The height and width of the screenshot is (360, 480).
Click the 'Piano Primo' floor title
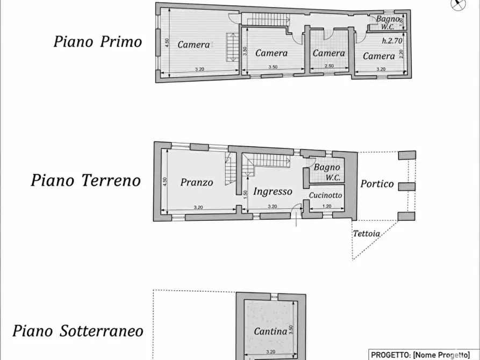click(97, 42)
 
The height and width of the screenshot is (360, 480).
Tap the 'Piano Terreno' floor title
click(85, 180)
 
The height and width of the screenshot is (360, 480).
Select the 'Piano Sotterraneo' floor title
click(78, 330)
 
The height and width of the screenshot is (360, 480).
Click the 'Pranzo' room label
click(197, 182)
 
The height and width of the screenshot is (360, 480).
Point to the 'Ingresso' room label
click(273, 191)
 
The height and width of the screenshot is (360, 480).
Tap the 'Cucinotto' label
click(326, 196)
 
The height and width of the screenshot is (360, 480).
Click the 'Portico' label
click(377, 184)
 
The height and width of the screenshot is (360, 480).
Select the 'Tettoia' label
click(366, 234)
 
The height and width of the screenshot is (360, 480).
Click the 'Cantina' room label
click(270, 332)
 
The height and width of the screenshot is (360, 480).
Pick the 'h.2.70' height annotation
click(392, 41)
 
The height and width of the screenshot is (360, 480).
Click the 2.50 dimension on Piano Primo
click(328, 67)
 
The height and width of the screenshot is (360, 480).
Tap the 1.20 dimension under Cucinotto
click(326, 206)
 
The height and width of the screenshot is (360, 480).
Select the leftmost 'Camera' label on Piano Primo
click(194, 45)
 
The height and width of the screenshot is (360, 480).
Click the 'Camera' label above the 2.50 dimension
click(328, 53)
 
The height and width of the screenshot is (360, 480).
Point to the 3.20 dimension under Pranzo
click(198, 207)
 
